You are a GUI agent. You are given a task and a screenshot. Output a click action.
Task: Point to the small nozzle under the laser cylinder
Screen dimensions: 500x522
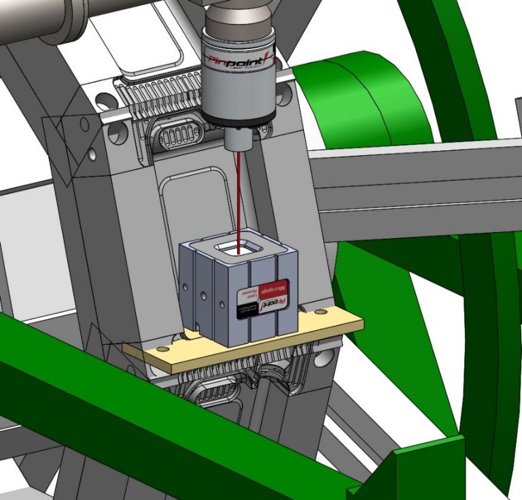(x=239, y=139)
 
